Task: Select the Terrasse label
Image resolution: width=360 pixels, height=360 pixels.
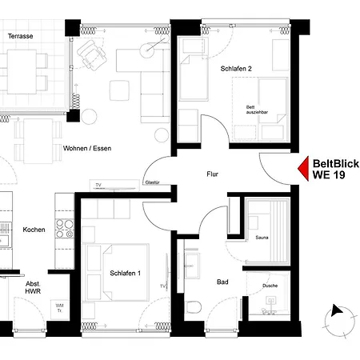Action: click(x=21, y=37)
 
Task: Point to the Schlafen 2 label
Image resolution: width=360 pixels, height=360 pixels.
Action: click(x=236, y=70)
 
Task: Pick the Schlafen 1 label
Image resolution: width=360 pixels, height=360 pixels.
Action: click(x=126, y=274)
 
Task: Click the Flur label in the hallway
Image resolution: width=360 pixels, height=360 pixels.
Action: click(x=213, y=174)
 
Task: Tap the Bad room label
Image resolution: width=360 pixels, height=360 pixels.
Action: click(x=223, y=282)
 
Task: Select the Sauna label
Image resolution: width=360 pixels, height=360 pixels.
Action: click(x=262, y=238)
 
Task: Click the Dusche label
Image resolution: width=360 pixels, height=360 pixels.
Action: click(x=270, y=286)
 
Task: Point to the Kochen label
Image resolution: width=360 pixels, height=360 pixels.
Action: click(x=34, y=230)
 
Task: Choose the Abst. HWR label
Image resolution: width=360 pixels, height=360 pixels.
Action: click(x=34, y=289)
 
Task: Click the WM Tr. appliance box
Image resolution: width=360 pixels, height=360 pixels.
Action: click(x=59, y=309)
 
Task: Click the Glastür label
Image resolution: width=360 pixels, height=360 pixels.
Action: click(x=151, y=182)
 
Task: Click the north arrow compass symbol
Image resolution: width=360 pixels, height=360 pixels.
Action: click(x=338, y=318)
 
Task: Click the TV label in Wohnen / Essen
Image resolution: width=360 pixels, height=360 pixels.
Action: click(x=98, y=185)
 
